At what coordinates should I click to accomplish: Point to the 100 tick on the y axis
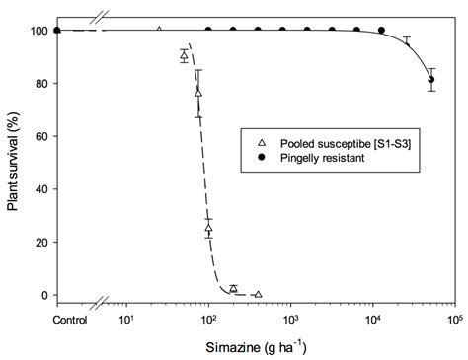coord(38,31)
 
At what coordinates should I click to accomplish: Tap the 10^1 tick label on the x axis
coord(126,320)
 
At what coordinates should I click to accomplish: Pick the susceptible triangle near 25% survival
coord(208,229)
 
